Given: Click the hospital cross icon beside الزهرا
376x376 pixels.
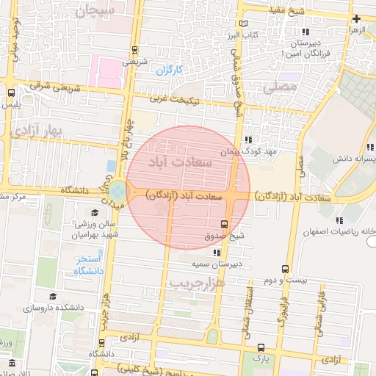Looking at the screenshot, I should tap(356, 18).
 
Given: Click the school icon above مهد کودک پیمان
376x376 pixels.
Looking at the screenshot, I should tap(250, 139).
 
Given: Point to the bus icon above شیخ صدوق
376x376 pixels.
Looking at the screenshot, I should tap(224, 224).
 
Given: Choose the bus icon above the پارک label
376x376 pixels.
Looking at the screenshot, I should tap(261, 347).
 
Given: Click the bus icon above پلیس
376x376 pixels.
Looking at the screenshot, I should tap(11, 93).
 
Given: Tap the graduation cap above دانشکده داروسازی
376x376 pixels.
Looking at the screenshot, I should tap(52, 296).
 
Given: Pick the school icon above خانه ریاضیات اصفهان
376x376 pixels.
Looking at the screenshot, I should tap(339, 220).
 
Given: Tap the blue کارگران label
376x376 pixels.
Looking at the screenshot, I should tap(169, 70).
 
